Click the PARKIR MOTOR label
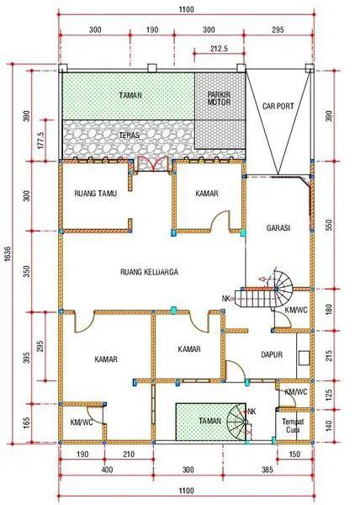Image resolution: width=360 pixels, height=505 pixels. click(x=219, y=98)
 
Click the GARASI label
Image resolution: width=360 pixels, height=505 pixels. click(x=278, y=228)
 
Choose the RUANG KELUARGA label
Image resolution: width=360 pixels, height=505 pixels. click(x=148, y=271)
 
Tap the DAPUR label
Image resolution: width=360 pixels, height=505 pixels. click(x=271, y=354)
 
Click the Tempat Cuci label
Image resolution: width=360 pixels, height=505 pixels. click(x=292, y=422)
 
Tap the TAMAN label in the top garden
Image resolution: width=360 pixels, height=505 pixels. click(x=130, y=95)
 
